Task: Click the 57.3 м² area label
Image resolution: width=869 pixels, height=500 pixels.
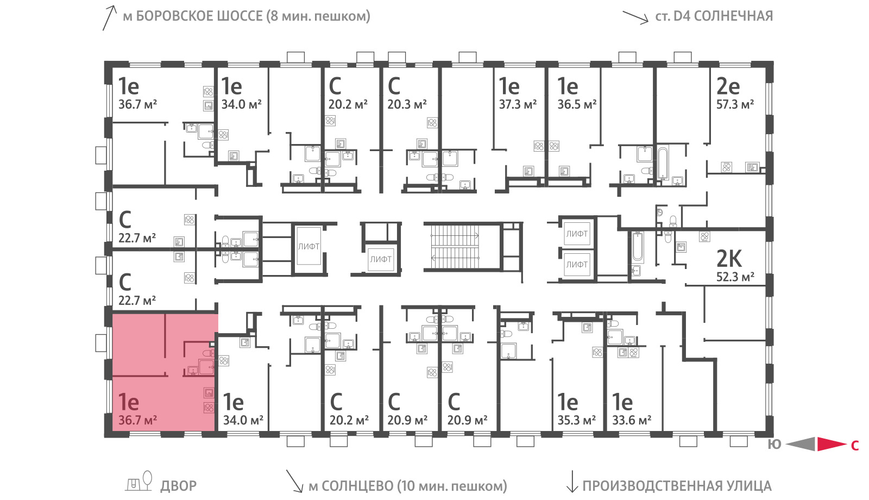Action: (x=735, y=104)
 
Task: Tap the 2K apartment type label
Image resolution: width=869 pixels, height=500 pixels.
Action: (x=729, y=259)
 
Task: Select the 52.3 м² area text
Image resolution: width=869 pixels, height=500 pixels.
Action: (x=735, y=277)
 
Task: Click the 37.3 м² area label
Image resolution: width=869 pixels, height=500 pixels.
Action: (x=518, y=104)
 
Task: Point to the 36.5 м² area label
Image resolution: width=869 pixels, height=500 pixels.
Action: (x=576, y=104)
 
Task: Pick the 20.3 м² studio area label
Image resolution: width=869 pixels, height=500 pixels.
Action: (x=407, y=104)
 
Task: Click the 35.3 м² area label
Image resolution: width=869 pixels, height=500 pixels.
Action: (x=576, y=420)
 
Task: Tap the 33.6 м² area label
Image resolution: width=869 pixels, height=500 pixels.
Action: (x=632, y=420)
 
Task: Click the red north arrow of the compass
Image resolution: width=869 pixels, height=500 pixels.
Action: (x=832, y=444)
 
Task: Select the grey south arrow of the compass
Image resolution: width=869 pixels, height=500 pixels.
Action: (x=801, y=444)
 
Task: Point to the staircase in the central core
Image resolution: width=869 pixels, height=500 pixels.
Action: (x=455, y=247)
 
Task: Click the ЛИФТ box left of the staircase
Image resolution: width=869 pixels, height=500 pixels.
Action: (x=381, y=259)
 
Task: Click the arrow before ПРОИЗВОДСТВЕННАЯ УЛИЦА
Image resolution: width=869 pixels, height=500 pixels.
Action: (x=572, y=482)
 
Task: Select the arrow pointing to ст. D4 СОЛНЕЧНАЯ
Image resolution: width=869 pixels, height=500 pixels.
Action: (x=635, y=17)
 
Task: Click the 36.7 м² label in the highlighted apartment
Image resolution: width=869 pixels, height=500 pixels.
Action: (x=137, y=420)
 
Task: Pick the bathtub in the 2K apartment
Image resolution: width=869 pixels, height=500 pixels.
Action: (x=638, y=247)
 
